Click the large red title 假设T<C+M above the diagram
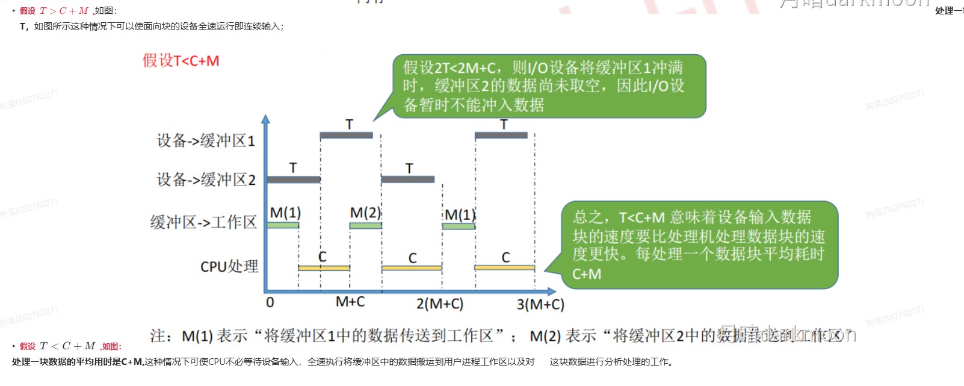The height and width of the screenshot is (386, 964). click(x=181, y=61)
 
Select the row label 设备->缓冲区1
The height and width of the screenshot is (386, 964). click(x=206, y=141)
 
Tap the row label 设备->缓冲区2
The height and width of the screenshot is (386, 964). click(x=206, y=179)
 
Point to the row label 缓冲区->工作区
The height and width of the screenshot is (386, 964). click(x=203, y=222)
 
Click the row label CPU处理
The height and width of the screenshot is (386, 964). click(x=229, y=266)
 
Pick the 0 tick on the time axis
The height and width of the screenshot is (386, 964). click(x=270, y=302)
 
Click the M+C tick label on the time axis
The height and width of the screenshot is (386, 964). click(x=350, y=302)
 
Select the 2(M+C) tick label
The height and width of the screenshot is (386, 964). click(x=440, y=304)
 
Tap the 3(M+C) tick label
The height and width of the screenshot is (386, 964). click(x=540, y=305)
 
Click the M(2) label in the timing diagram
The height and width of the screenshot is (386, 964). click(x=365, y=213)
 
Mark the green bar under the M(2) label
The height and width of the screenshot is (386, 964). click(x=365, y=226)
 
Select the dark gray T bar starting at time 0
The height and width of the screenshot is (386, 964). click(x=294, y=179)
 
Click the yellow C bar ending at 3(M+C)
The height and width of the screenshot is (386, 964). click(x=504, y=267)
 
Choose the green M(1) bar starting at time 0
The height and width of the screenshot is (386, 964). click(x=283, y=225)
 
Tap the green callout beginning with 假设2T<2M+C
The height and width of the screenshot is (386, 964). click(x=549, y=86)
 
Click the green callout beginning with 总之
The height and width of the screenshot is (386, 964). click(x=699, y=245)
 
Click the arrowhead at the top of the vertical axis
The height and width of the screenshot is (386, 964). click(x=266, y=119)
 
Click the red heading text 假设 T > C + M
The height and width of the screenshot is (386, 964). click(x=54, y=11)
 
